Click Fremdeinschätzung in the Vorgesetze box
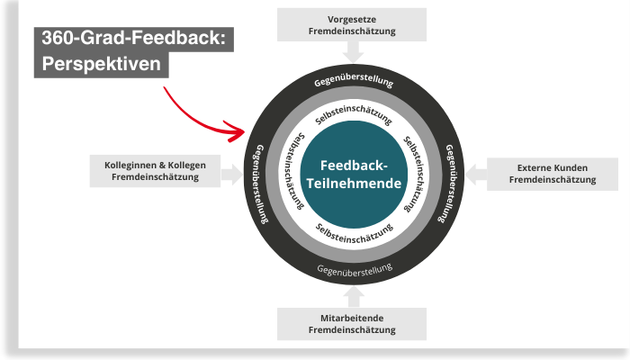pyautogui.click(x=351, y=31)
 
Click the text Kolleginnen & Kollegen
pyautogui.click(x=156, y=166)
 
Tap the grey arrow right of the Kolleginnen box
pyautogui.click(x=232, y=174)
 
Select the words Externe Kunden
pyautogui.click(x=552, y=167)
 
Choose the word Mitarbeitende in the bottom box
pyautogui.click(x=351, y=319)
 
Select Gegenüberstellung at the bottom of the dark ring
pyautogui.click(x=355, y=267)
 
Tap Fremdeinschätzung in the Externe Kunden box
pyautogui.click(x=552, y=180)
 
